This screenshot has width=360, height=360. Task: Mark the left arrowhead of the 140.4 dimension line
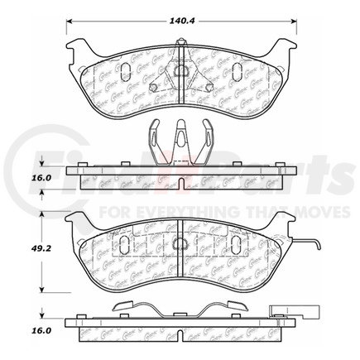click(68, 22)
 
